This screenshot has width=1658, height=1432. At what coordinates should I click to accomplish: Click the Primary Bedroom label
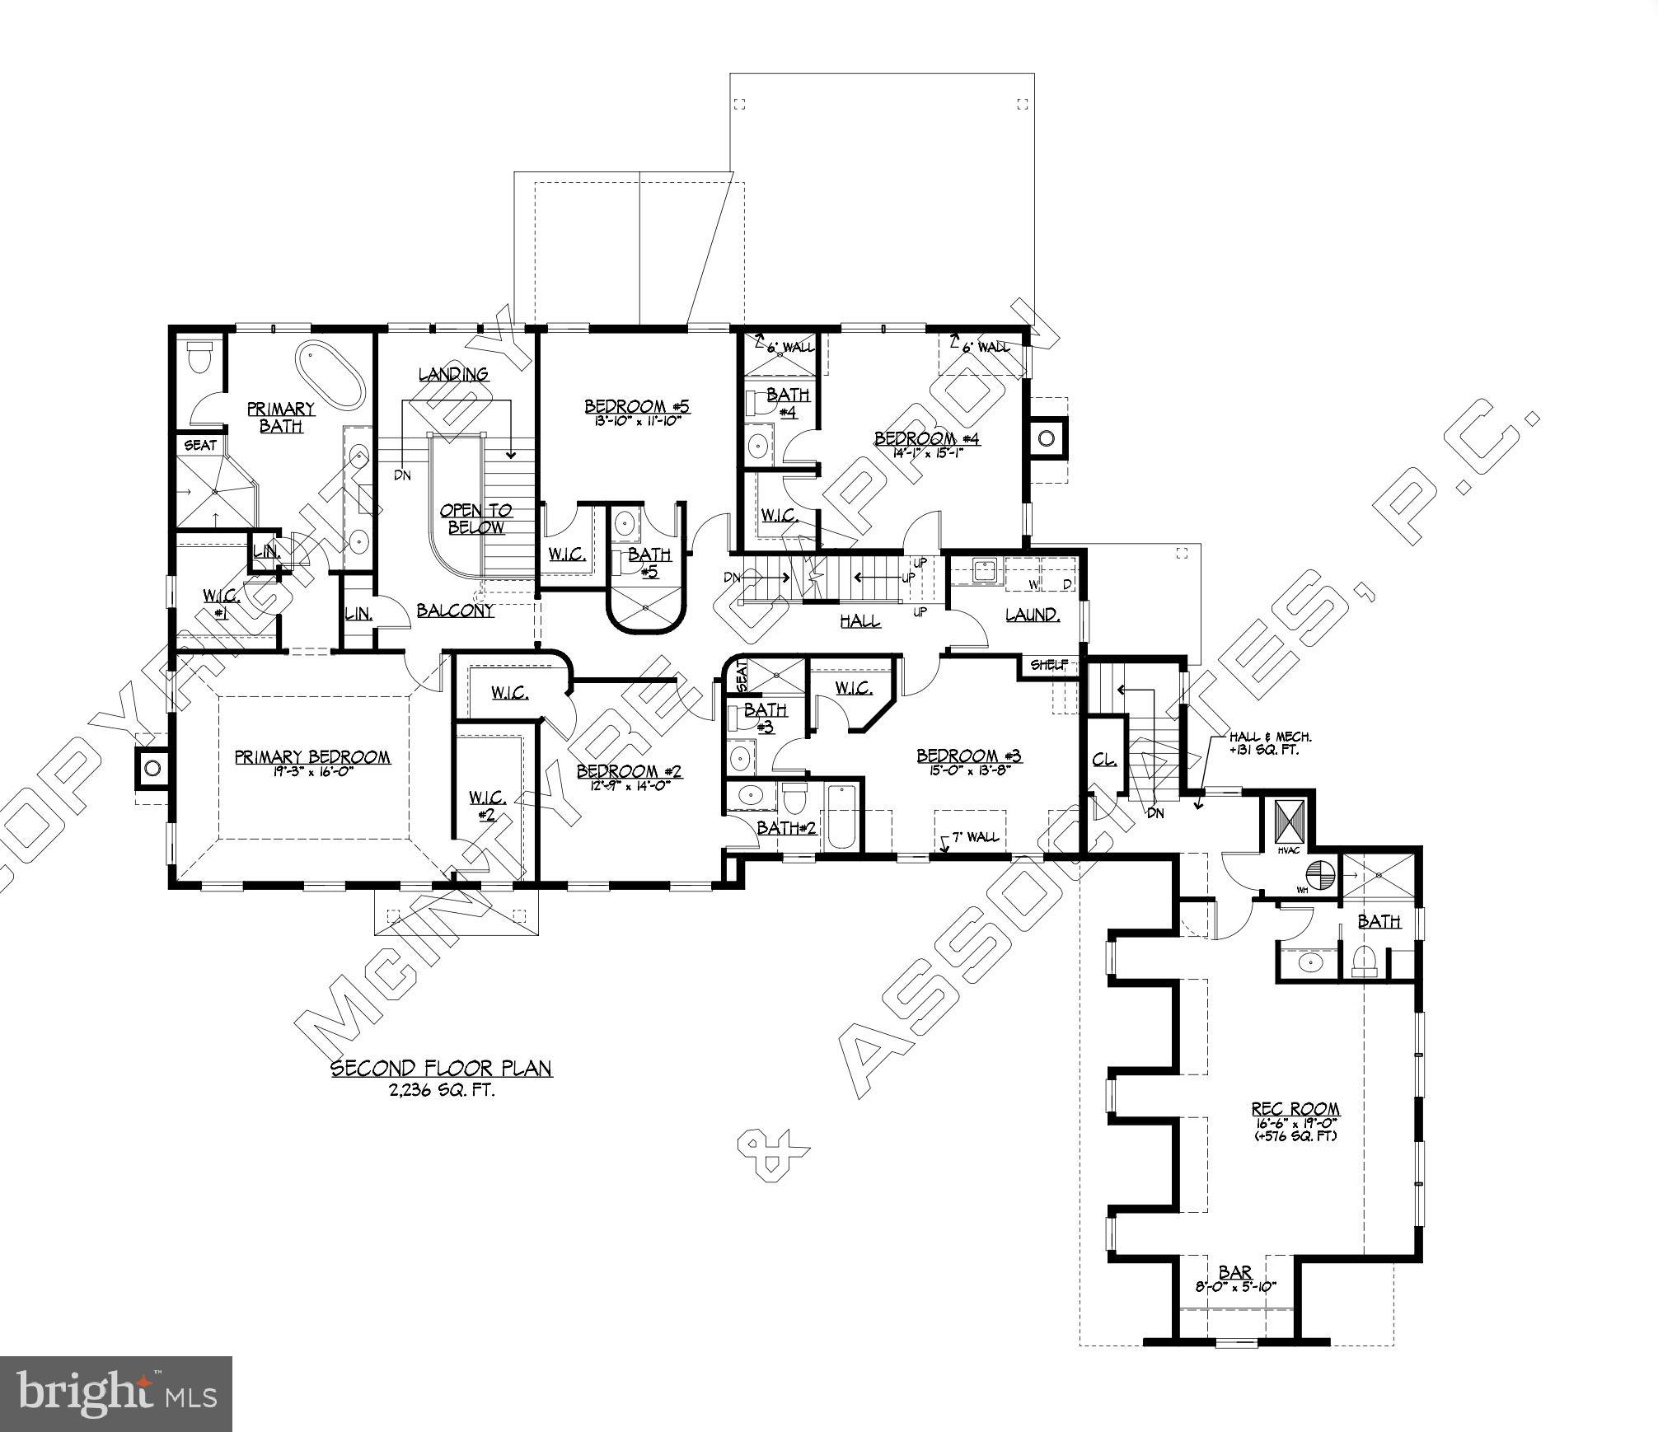312,757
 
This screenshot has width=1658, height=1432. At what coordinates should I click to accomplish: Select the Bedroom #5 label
636,406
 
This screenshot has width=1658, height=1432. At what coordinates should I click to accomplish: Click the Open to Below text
475,519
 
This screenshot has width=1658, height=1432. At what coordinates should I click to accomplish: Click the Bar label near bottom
1234,1274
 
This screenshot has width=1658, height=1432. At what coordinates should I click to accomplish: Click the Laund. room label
1032,615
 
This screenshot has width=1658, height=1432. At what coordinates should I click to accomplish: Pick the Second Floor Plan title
441,1069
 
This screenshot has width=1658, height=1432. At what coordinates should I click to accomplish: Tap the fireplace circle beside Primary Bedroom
152,768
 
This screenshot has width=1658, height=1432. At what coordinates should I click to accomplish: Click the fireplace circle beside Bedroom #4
1047,438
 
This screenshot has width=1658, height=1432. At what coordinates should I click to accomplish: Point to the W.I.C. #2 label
489,805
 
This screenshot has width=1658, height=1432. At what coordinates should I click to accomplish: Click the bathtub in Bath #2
841,817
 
